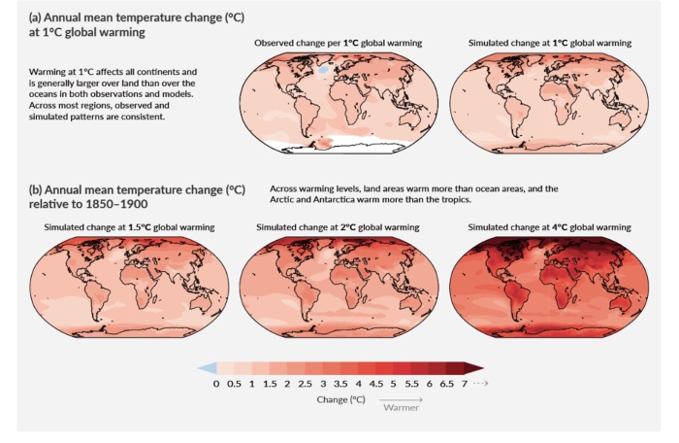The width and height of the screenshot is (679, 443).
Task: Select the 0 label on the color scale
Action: (216, 384)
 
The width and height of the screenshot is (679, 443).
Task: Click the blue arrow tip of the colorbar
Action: (203, 368)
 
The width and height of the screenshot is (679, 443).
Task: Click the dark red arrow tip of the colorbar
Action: (474, 368)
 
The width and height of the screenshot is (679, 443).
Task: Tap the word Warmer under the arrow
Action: (400, 408)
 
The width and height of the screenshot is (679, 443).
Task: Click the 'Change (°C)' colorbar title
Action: (339, 398)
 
